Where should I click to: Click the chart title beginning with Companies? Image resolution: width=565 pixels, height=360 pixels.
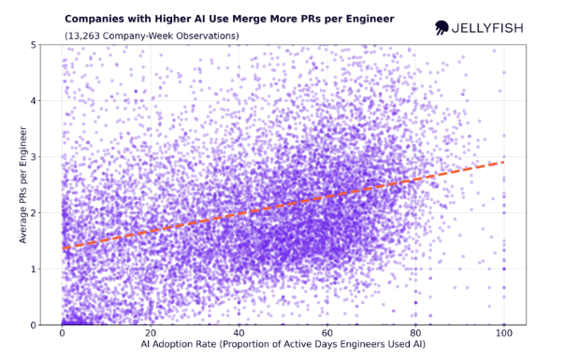[228, 19]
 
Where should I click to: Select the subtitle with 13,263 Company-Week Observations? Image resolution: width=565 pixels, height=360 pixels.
[152, 36]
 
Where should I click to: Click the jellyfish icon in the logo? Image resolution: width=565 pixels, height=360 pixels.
[442, 28]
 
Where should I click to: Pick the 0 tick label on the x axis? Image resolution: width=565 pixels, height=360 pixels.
[62, 334]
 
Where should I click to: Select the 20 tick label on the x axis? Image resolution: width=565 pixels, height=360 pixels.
[150, 334]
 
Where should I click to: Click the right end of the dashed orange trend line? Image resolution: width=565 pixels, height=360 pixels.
[503, 162]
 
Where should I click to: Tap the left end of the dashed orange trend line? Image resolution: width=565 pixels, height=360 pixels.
[63, 248]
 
